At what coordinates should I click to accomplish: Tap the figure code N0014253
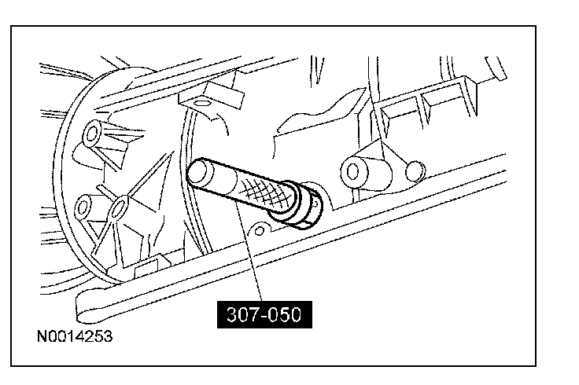[x=73, y=337]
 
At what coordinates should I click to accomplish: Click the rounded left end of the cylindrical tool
[x=197, y=170]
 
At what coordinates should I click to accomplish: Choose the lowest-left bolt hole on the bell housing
[x=82, y=208]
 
